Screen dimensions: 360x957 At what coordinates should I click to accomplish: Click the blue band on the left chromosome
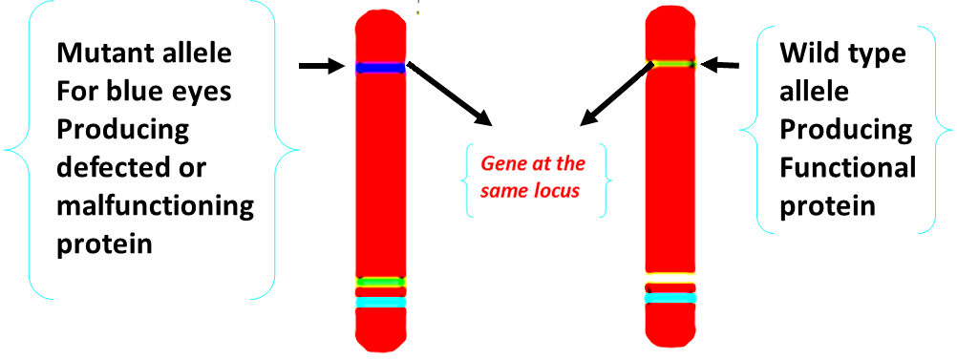pos(381,68)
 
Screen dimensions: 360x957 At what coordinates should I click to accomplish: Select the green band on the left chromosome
pos(381,282)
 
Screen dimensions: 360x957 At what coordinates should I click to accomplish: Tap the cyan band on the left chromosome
pos(381,303)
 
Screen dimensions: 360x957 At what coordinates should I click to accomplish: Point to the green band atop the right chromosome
pos(670,64)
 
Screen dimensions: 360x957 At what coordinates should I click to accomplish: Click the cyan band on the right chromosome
pos(670,298)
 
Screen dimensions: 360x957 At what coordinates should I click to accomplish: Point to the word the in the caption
pos(569,164)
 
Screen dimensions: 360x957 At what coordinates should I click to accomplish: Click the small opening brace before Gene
pos(467,180)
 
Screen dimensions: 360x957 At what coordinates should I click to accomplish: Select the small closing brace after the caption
pos(606,180)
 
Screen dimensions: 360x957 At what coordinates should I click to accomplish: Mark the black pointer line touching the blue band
pos(414,68)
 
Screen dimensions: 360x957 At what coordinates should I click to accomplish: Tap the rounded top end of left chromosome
pos(381,21)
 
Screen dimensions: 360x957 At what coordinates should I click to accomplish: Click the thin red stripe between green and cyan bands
pos(381,292)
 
